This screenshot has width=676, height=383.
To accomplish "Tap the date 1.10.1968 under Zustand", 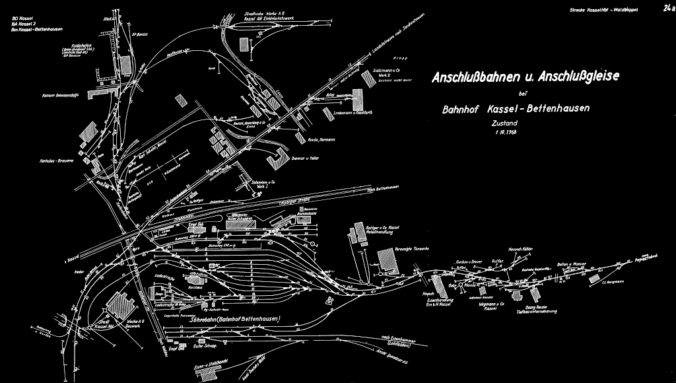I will click(x=503, y=132).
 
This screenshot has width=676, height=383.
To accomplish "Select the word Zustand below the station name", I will click(x=504, y=123).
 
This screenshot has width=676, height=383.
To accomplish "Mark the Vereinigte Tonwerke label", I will click(x=413, y=250).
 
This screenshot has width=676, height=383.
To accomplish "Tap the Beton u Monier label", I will click(x=571, y=264).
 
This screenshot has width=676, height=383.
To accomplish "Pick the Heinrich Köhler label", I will click(x=520, y=249).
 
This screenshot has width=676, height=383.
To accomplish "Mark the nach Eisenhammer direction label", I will click(x=376, y=339).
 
